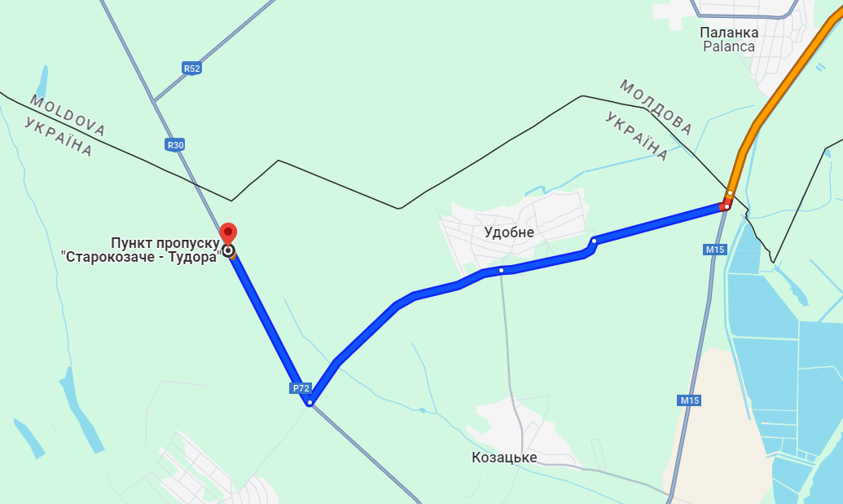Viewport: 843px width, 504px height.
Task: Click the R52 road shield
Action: tap(191, 69)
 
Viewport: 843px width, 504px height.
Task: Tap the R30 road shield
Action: tap(175, 145)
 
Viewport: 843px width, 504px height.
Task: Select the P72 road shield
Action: tap(300, 388)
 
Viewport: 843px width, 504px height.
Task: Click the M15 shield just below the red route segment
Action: tap(715, 249)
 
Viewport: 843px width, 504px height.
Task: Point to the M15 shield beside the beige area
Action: tap(689, 400)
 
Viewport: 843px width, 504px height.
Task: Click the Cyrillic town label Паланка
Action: tap(729, 33)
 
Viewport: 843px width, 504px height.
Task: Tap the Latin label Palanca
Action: tap(729, 46)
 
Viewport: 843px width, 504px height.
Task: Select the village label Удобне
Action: tap(509, 232)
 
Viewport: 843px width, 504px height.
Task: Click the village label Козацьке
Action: tap(504, 458)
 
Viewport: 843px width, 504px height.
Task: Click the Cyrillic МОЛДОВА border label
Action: tap(656, 107)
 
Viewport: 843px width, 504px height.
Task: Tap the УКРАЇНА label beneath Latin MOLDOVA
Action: tap(58, 136)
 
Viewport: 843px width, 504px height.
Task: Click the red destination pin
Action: tap(229, 233)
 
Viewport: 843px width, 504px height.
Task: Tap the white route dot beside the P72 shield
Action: tap(310, 401)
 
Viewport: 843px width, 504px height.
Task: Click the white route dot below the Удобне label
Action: tap(502, 270)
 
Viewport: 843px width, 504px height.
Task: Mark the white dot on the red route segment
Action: tap(726, 206)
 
